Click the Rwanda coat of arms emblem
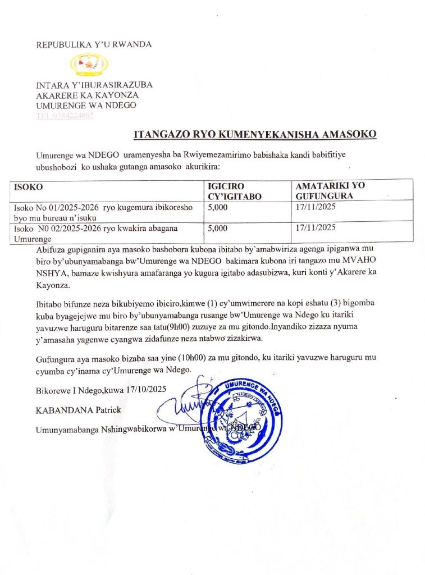pyautogui.click(x=89, y=64)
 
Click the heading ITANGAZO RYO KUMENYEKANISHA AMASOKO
pyautogui.click(x=255, y=134)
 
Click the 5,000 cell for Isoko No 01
pyautogui.click(x=218, y=208)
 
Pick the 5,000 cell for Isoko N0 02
pyautogui.click(x=218, y=228)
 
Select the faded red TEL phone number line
pyautogui.click(x=65, y=116)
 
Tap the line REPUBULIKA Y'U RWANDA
pyautogui.click(x=94, y=44)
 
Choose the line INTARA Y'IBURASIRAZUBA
pyautogui.click(x=94, y=85)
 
